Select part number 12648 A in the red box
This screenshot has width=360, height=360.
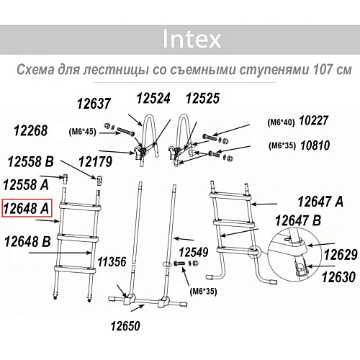(27, 208)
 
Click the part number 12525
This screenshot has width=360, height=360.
(204, 98)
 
